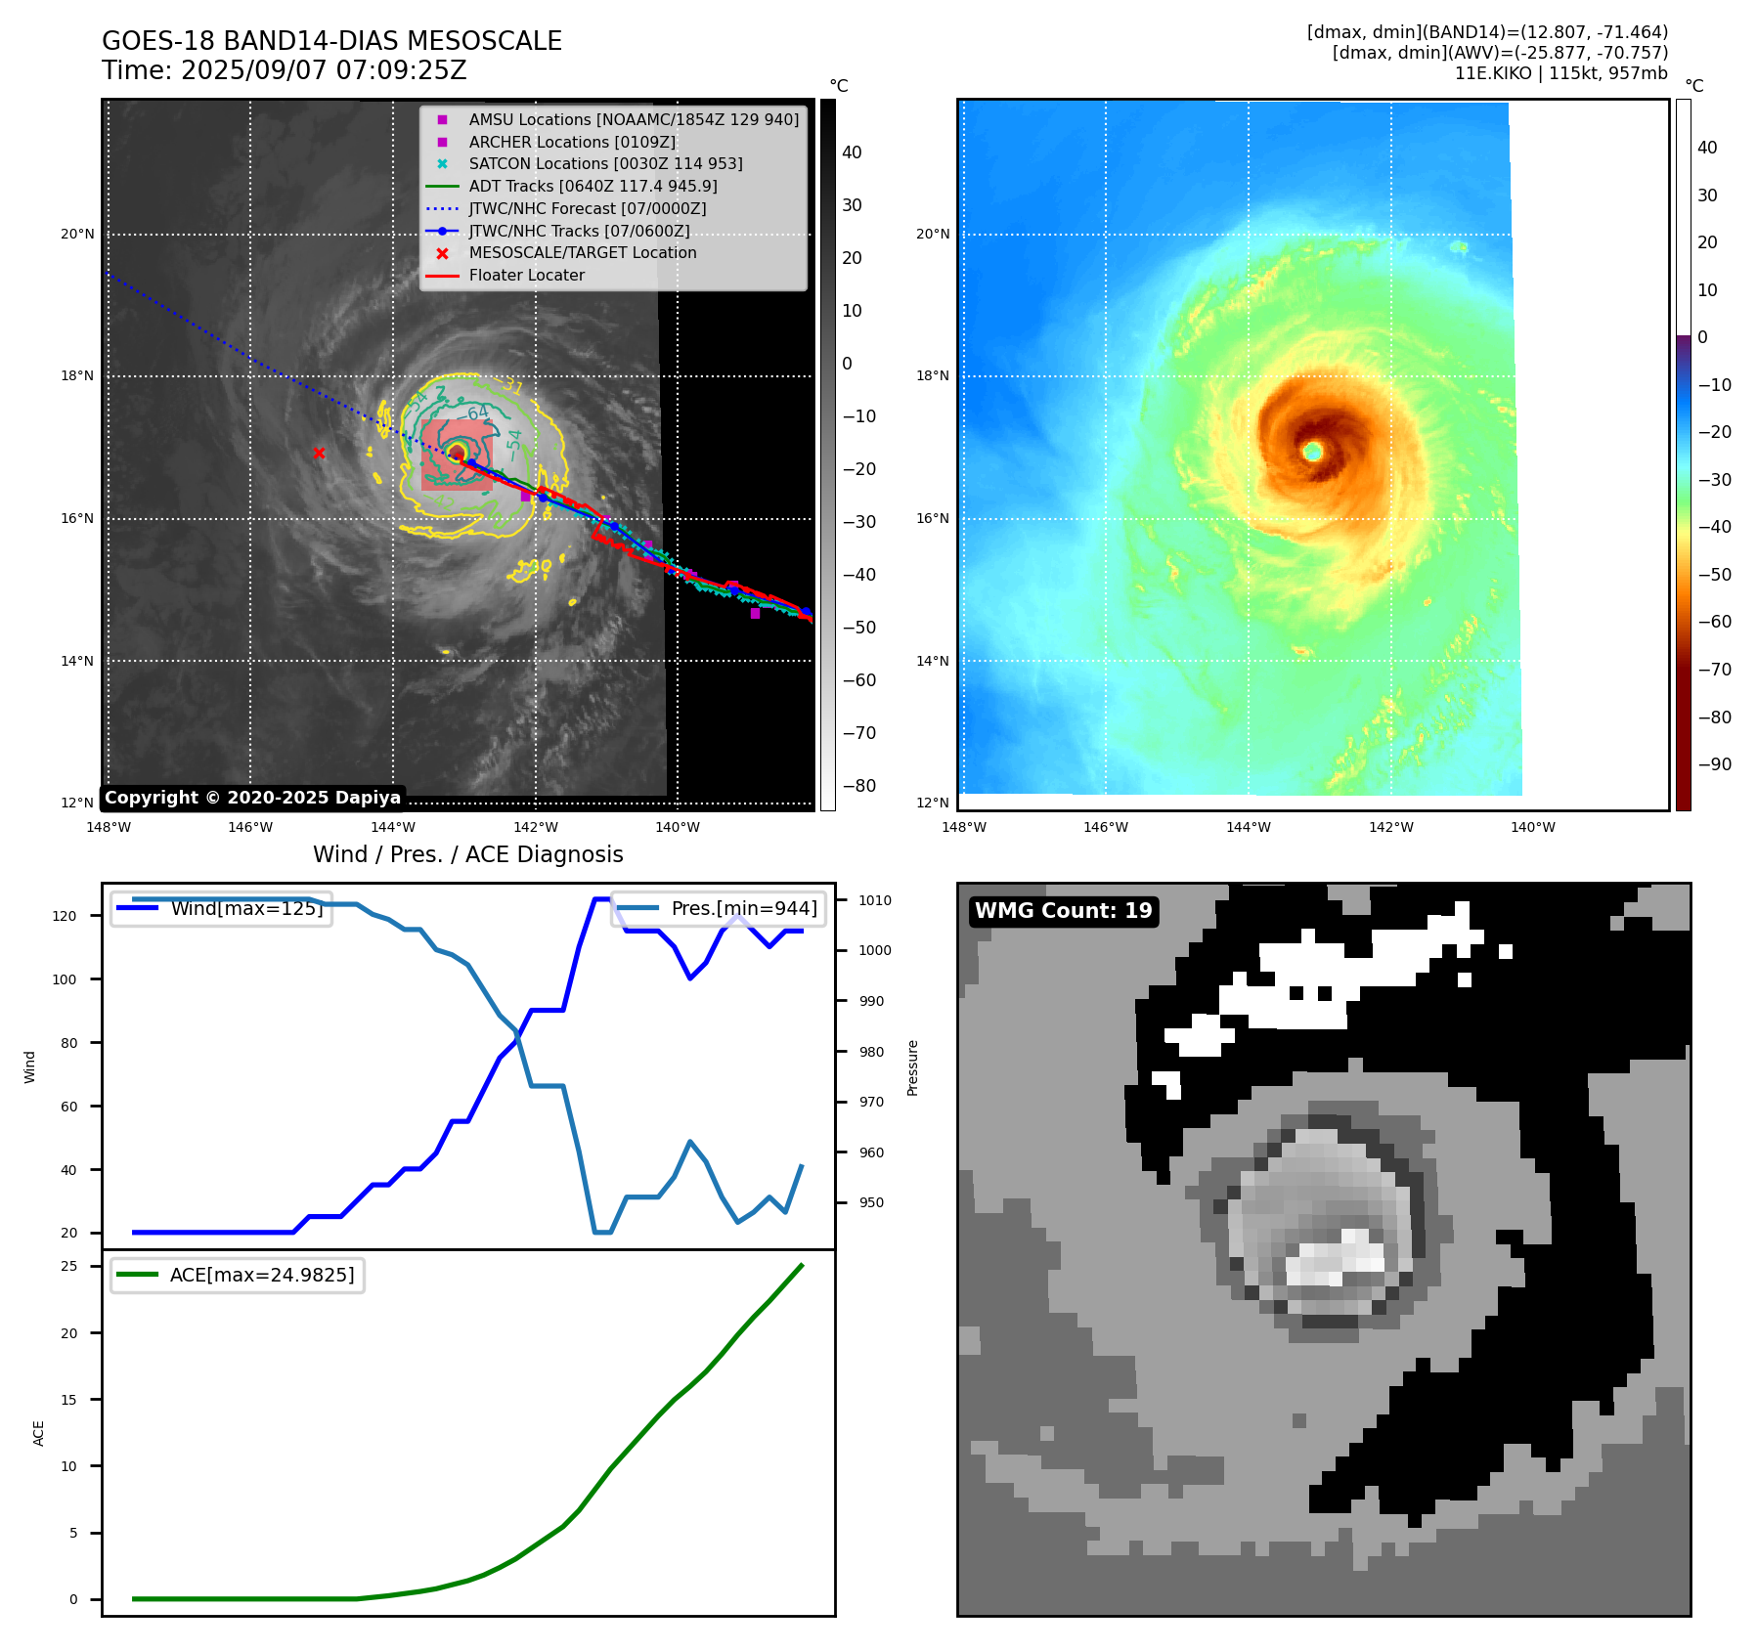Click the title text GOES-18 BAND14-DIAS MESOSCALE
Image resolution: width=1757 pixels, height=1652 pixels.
[x=331, y=41]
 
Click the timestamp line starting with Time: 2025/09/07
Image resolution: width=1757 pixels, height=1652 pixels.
[x=284, y=70]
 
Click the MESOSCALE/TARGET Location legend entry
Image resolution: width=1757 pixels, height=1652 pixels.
[x=582, y=252]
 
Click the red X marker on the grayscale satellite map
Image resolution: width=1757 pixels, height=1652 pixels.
[x=319, y=453]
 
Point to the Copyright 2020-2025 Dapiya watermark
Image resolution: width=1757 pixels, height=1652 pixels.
[x=252, y=798]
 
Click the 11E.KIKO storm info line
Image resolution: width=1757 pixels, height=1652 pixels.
[x=1560, y=73]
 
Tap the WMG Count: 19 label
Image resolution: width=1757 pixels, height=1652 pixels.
[x=1063, y=911]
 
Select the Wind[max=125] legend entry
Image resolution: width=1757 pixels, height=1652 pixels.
[x=245, y=908]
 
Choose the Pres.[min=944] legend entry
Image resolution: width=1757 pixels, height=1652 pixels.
[x=743, y=908]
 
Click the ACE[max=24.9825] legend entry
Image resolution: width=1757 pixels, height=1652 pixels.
[x=261, y=1275]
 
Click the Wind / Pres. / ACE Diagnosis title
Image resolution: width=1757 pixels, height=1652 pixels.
[x=467, y=854]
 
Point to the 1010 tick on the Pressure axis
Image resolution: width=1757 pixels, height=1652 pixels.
[x=875, y=900]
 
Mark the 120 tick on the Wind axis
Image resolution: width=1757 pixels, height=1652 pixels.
[x=65, y=916]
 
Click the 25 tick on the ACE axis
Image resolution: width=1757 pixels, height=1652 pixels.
[x=69, y=1266]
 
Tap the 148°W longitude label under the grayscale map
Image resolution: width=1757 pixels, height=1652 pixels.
[x=108, y=827]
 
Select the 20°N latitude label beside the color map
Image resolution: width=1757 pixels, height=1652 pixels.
[x=933, y=234]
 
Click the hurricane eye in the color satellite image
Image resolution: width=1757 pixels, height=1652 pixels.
[x=1312, y=451]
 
